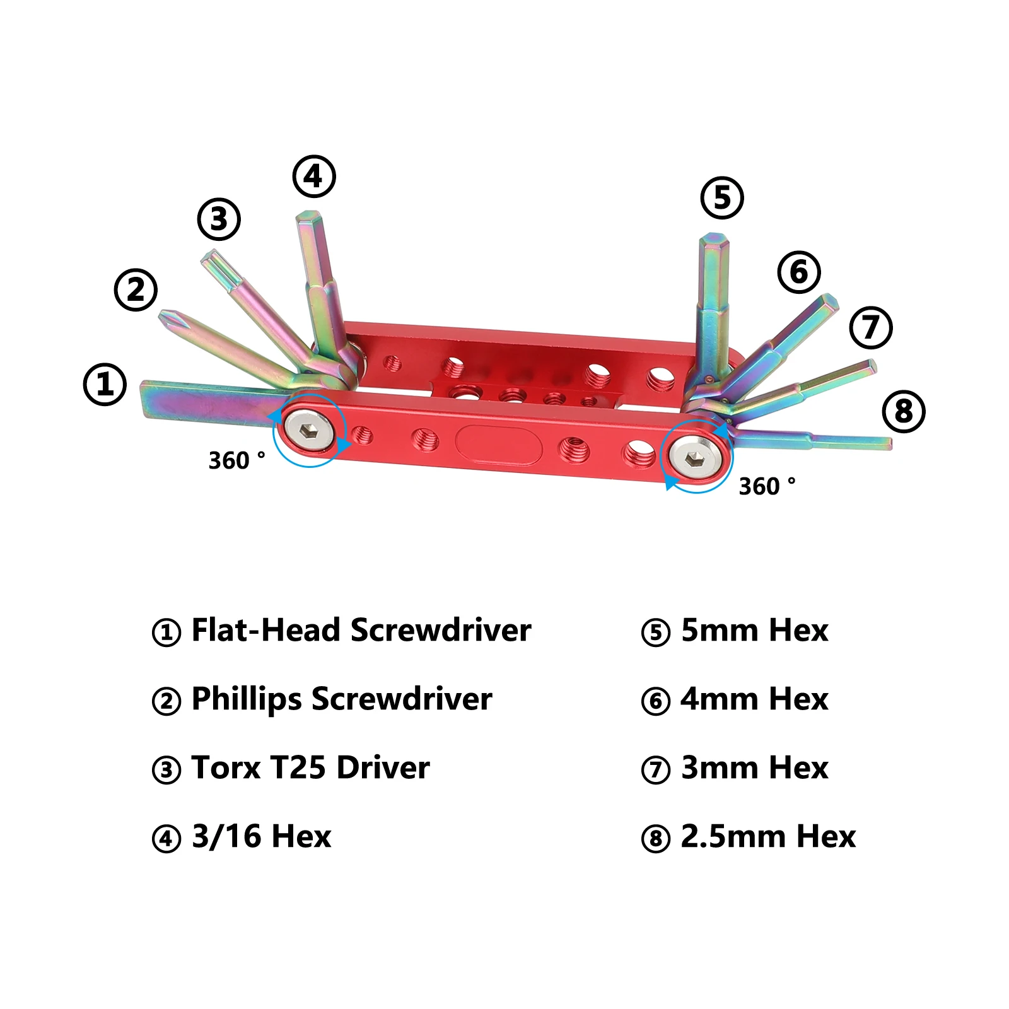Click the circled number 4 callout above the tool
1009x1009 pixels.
[x=314, y=177]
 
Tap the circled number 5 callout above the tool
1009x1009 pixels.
[x=722, y=197]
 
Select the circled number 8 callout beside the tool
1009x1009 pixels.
[x=904, y=411]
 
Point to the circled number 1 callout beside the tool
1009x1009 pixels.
[x=105, y=384]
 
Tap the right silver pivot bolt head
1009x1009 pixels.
[x=695, y=455]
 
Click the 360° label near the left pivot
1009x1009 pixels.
[x=236, y=460]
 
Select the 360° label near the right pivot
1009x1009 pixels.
[x=767, y=486]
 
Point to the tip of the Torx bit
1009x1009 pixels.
[x=206, y=255]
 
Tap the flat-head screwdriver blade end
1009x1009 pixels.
[x=143, y=399]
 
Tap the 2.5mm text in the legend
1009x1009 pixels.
[x=733, y=837]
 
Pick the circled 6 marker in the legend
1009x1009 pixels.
[x=656, y=701]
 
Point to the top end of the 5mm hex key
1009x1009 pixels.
[x=714, y=237]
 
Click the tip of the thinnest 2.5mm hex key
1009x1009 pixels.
[x=889, y=443]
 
